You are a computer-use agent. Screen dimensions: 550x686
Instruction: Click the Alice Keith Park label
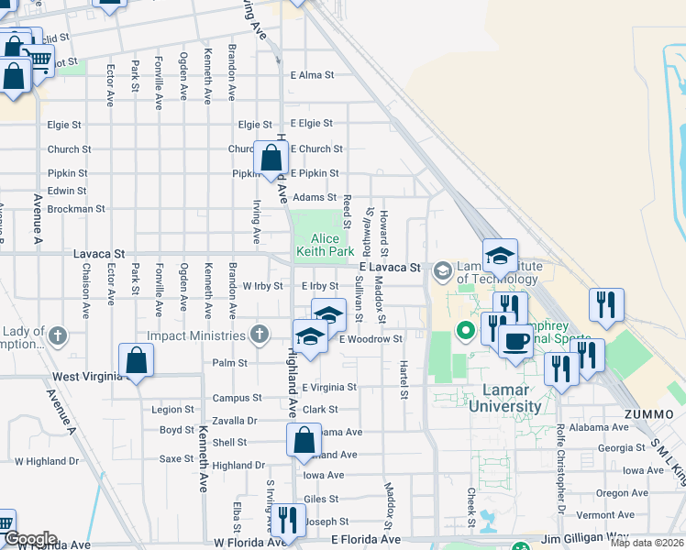pos(325,245)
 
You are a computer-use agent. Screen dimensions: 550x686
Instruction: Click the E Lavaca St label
pos(390,268)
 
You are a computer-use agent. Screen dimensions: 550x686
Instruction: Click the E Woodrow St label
pos(371,339)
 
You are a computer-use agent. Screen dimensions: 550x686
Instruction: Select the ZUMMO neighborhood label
pos(642,414)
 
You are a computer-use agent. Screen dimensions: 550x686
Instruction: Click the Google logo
pos(29,539)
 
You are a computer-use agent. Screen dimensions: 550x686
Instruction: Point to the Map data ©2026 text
pos(647,543)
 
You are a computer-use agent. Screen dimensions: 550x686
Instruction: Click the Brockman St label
pos(76,209)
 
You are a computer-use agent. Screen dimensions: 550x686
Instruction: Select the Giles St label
pos(321,500)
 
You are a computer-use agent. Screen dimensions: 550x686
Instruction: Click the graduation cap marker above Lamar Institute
pos(500,255)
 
